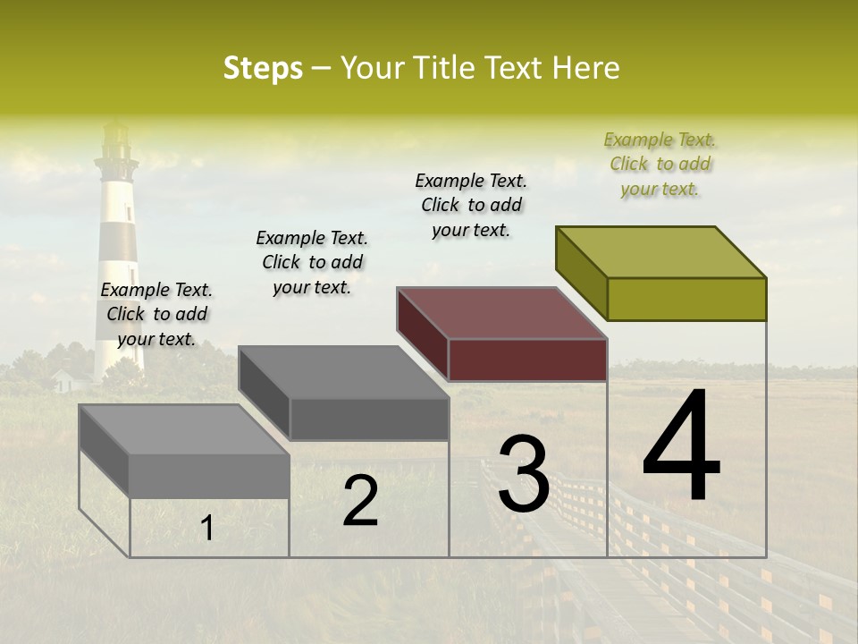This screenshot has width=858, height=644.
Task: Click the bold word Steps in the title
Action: (262, 68)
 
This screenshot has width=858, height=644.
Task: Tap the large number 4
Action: (681, 447)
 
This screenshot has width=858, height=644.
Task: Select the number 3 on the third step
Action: (523, 474)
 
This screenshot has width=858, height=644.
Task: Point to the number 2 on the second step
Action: (360, 501)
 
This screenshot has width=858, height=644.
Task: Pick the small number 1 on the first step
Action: (206, 529)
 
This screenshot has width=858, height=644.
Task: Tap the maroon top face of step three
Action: (502, 313)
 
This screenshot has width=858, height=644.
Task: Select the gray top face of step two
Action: (344, 372)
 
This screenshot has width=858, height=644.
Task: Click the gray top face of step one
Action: (185, 429)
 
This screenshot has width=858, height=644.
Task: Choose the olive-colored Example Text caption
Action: (660, 164)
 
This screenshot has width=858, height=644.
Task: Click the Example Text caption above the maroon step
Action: (471, 205)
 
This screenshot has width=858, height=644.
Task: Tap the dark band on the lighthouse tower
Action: (118, 240)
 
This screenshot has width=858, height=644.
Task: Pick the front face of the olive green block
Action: (686, 299)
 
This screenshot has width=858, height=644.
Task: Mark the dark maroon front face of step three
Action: (527, 360)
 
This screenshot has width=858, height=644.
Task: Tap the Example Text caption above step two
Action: (312, 262)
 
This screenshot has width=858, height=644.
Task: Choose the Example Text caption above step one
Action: (156, 314)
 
